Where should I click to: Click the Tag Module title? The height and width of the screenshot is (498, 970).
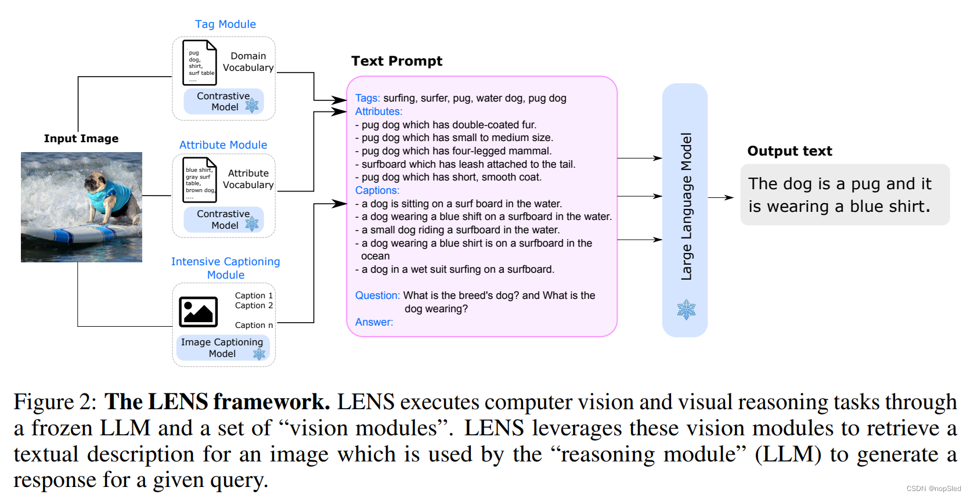[225, 24]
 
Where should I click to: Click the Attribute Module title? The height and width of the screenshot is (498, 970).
[223, 145]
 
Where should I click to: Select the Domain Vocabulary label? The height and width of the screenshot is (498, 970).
[248, 62]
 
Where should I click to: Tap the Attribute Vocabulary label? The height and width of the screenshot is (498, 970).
[248, 179]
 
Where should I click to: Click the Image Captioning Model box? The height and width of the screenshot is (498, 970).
[222, 348]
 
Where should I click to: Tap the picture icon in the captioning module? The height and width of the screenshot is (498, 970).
[198, 312]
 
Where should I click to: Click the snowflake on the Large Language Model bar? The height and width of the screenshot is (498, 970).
[686, 309]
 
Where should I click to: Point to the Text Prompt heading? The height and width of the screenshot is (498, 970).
[396, 62]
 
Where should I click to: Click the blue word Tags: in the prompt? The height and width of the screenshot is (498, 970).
[367, 99]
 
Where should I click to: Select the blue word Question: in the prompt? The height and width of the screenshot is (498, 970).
[377, 295]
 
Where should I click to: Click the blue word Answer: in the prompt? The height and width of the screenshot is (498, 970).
[374, 322]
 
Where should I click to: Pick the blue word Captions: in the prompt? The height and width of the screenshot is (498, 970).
[377, 190]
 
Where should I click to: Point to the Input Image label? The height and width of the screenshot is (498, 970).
[81, 139]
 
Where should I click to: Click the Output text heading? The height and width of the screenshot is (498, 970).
[789, 151]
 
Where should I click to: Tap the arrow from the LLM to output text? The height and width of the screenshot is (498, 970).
[720, 198]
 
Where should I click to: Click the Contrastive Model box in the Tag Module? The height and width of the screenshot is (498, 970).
[223, 102]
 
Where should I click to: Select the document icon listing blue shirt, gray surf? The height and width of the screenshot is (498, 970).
[199, 180]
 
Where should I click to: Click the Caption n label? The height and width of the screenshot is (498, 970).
[254, 326]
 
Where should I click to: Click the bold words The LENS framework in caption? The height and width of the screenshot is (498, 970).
[217, 402]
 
